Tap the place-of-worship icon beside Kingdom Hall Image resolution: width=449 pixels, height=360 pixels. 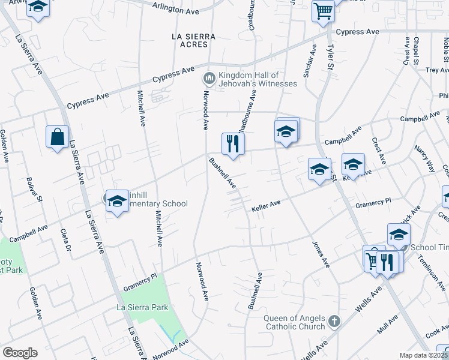point(209,78)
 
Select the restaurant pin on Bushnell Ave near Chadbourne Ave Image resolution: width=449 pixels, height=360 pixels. point(233,144)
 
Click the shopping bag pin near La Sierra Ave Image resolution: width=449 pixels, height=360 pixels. point(57,137)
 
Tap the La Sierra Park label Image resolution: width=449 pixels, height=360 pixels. point(142,307)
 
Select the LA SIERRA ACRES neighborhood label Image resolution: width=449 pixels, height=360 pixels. point(193,40)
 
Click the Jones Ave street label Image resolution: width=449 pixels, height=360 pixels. point(321,254)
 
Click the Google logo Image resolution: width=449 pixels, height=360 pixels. point(20,353)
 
